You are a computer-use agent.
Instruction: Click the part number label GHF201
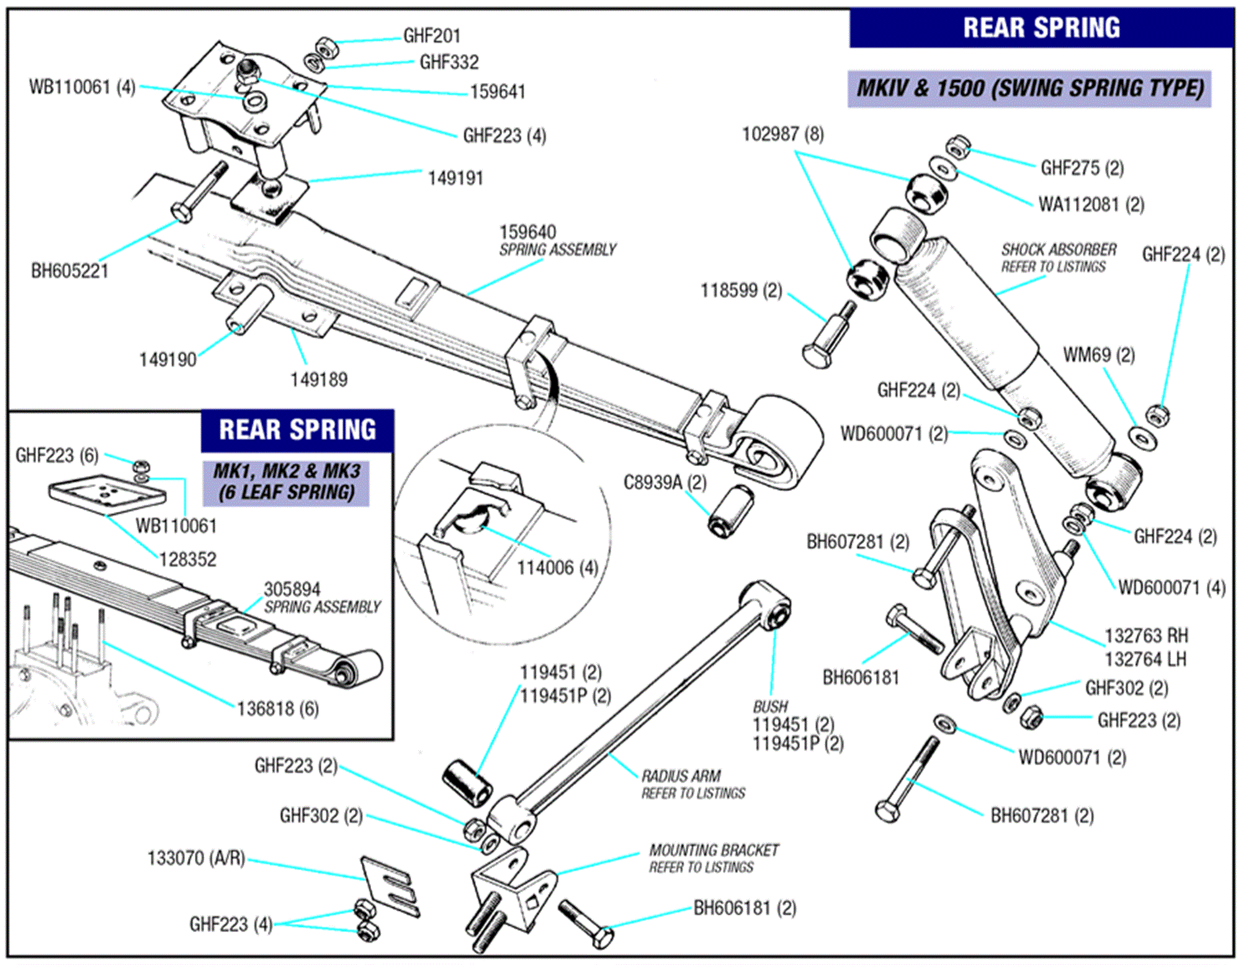[432, 36]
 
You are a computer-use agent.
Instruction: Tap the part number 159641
[498, 92]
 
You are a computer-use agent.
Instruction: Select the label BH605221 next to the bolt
[69, 271]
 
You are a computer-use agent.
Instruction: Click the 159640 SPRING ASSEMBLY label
[557, 241]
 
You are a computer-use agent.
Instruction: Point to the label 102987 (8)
[783, 134]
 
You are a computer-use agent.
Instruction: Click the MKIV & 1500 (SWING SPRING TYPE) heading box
[1029, 88]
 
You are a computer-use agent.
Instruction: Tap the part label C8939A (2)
[665, 482]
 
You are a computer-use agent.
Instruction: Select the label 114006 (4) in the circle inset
[557, 567]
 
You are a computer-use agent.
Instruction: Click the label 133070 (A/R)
[196, 858]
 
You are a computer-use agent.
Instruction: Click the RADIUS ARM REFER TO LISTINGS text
[692, 784]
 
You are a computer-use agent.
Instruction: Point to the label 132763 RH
[1146, 635]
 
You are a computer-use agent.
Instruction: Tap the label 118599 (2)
[741, 290]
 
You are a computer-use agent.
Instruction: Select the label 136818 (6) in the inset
[277, 708]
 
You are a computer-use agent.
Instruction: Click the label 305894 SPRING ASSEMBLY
[321, 598]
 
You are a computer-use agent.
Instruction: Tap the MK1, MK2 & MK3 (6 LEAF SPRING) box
[286, 482]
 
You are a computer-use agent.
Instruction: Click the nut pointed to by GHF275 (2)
[957, 147]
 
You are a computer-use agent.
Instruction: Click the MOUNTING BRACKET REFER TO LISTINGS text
[713, 858]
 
